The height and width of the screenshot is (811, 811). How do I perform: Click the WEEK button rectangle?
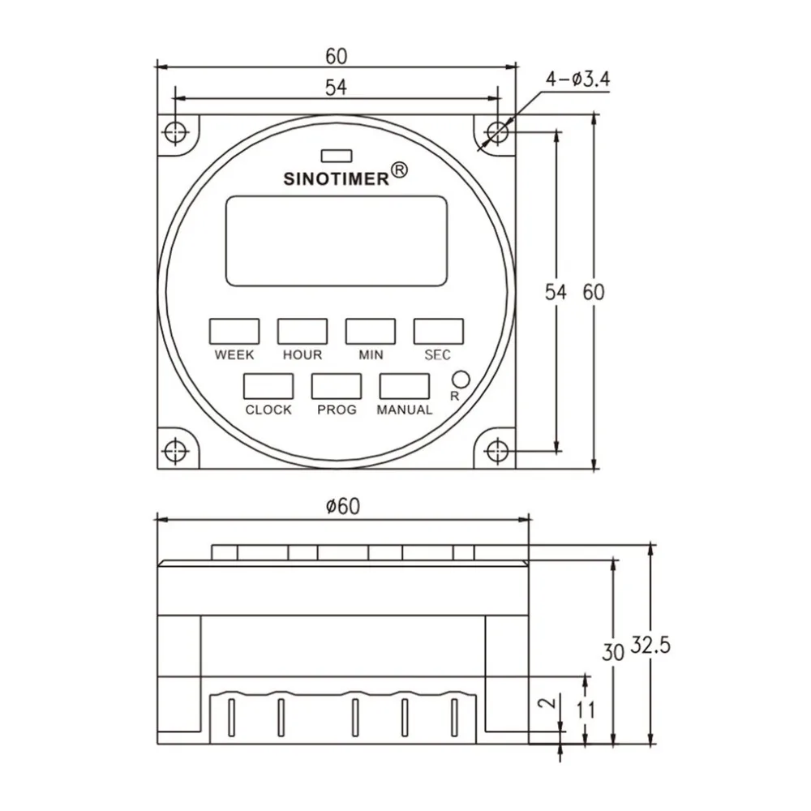234,331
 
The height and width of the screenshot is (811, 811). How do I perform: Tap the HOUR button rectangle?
303,331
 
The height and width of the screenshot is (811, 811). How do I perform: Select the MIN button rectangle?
371,331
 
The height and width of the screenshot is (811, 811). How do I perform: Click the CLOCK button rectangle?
268,385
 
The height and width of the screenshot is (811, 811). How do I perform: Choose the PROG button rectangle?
337,385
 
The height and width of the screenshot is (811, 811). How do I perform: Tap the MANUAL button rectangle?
405,385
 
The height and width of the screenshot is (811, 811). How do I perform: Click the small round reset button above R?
461,379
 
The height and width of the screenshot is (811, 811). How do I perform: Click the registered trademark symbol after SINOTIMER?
400,170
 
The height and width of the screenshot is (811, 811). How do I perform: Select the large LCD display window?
336,241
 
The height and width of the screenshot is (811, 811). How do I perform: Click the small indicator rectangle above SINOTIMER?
336,154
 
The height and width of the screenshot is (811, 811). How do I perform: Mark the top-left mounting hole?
174,131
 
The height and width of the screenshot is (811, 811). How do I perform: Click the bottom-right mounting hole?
498,449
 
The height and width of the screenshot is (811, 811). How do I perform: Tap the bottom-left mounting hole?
174,449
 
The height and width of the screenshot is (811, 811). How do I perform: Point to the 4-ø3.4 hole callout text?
577,79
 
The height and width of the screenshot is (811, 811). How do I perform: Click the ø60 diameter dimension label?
342,506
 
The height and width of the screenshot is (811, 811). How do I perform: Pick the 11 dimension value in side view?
586,710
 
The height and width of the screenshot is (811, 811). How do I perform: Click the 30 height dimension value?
613,650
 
